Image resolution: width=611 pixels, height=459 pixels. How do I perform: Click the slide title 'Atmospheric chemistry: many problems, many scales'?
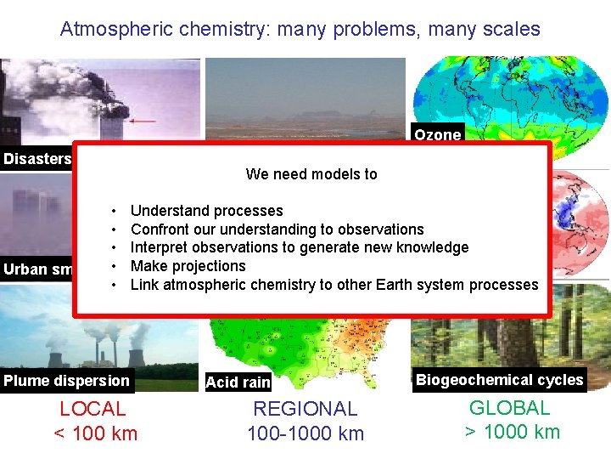300,29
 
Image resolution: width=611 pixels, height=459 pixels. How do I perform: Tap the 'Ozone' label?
438,134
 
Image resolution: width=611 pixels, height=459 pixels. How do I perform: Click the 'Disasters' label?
36,159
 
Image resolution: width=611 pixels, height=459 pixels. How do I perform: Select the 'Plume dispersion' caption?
66,381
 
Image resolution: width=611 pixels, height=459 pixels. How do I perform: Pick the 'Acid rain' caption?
238,382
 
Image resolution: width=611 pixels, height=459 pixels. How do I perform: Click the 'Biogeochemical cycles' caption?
499,380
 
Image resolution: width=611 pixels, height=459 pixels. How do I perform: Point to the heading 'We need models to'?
311,174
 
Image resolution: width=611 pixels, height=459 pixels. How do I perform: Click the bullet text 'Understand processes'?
206,211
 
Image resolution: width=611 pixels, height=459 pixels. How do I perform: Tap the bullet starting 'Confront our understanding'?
277,229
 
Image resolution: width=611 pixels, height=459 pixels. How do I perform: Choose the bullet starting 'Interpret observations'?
299,247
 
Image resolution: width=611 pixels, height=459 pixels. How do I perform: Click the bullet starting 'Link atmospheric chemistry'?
334,285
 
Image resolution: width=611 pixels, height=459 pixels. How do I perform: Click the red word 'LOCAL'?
93,409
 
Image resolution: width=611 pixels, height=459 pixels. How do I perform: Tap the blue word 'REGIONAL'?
305,409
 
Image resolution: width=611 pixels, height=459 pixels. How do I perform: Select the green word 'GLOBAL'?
510,408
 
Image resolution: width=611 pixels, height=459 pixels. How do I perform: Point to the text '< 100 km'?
95,433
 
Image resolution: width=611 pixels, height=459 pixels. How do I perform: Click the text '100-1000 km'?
305,433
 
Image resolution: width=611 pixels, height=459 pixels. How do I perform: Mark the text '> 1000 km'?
512,432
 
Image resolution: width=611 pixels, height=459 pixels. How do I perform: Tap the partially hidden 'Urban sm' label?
36,269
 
